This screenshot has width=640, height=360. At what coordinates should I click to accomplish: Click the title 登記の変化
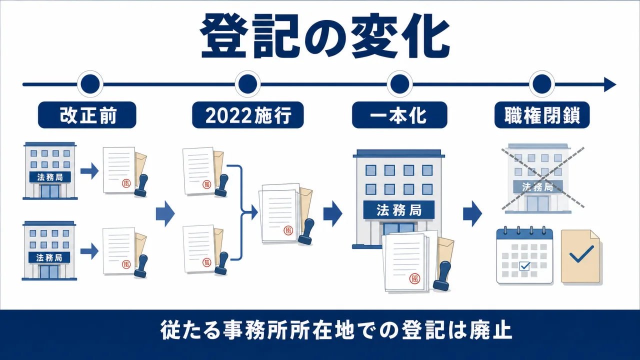coord(325,36)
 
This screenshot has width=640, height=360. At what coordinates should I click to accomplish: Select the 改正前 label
coord(87,115)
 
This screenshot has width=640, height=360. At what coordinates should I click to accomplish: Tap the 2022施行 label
coord(247,115)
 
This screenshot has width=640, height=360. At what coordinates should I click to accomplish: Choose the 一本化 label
coord(399,115)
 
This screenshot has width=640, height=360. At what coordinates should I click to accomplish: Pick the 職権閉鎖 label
coord(542,115)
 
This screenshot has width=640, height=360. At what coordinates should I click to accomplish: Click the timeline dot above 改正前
coord(90,84)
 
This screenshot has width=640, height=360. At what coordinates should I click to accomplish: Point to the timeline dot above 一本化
coord(399,84)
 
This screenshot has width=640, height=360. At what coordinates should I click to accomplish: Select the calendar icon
coord(524,255)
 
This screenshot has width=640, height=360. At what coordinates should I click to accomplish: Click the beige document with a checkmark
coord(580,256)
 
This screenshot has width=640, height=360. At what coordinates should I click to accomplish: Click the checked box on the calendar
coord(524,266)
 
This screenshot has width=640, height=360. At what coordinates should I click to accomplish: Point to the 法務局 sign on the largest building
coord(399,210)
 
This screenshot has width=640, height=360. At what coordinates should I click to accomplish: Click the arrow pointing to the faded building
coord(472,213)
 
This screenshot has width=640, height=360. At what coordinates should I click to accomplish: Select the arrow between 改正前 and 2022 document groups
coord(165,213)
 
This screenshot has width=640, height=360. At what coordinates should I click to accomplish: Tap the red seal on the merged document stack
coord(288,230)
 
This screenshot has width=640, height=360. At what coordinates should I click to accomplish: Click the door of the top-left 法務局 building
coord(50,191)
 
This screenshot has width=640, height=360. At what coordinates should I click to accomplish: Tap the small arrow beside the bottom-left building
coord(89,251)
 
